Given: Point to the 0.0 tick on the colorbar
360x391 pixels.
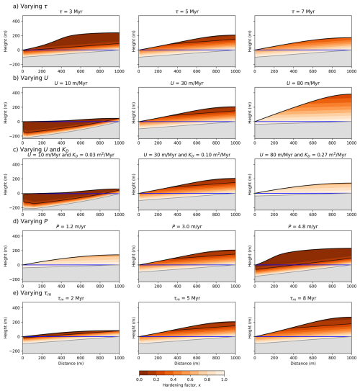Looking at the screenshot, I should [139, 378].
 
